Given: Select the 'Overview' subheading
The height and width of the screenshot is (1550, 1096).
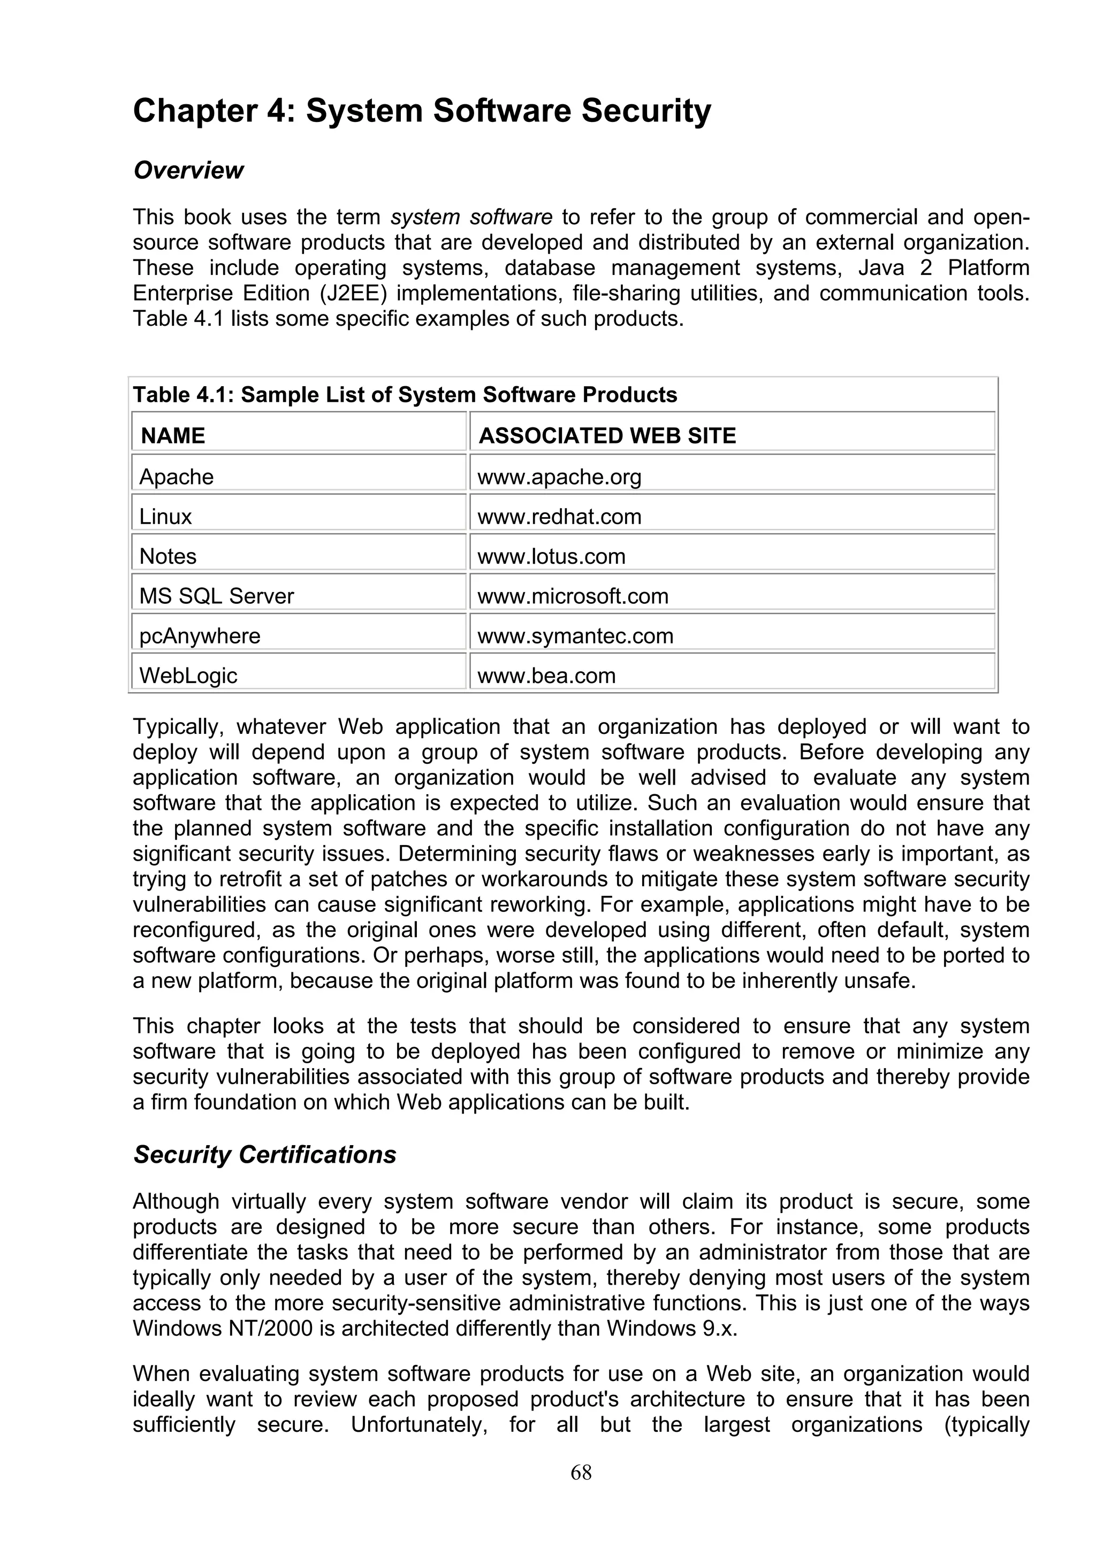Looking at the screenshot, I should coord(188,170).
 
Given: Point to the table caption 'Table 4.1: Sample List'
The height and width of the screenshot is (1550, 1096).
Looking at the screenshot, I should coord(404,394).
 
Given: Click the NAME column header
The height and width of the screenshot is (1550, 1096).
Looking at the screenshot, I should coord(173,435).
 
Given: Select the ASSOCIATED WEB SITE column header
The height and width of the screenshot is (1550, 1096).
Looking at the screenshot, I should coord(606,435).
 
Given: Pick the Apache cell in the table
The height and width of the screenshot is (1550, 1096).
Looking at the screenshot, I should coord(176,477).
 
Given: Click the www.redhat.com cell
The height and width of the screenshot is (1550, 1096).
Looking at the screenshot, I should coord(559,517).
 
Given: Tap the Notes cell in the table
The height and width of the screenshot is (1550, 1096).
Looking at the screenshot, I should coord(168,556).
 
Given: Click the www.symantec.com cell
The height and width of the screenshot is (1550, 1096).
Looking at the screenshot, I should coord(575,636).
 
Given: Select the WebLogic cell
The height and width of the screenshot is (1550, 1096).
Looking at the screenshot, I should coord(188,676).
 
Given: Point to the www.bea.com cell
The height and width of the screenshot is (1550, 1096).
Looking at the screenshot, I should coord(546,676).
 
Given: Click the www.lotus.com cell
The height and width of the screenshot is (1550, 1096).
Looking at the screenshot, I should coord(551,556).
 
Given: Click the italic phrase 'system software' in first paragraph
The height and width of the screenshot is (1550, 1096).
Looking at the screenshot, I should coord(471,217).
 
